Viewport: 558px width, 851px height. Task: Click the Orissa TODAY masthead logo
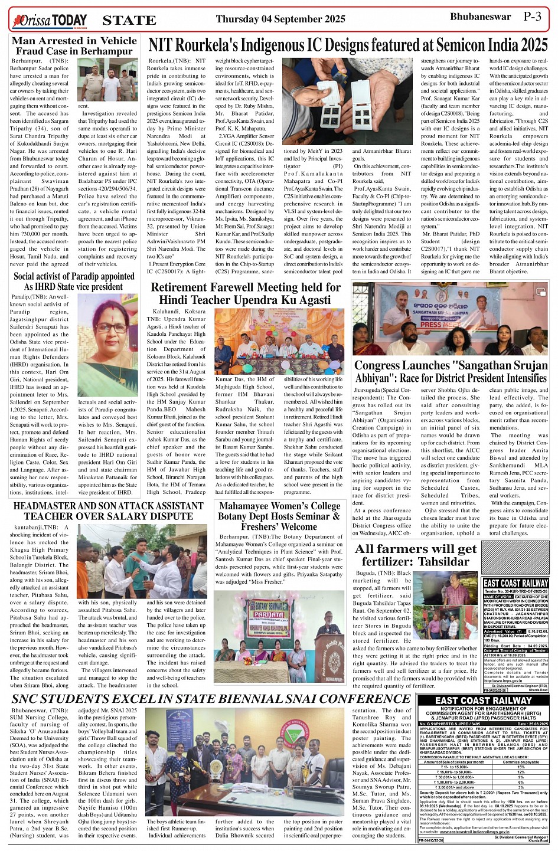tap(49, 21)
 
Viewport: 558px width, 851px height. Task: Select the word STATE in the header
tap(129, 21)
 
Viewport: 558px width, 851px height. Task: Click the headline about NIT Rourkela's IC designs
tap(348, 45)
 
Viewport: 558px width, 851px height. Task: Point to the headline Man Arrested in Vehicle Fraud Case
tap(74, 46)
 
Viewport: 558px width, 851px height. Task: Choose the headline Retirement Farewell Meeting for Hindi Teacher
tap(246, 293)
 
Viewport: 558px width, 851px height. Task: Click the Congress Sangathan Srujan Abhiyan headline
tap(451, 372)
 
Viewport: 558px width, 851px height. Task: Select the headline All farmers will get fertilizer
tap(416, 555)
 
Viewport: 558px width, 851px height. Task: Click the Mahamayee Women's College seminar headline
tap(279, 516)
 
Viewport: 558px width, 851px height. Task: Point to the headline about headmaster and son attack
tap(108, 511)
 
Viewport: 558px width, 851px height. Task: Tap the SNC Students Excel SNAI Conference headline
tap(211, 699)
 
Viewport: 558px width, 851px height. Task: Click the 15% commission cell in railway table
tap(520, 767)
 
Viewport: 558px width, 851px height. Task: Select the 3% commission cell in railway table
tap(520, 787)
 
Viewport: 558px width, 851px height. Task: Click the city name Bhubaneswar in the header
tap(480, 17)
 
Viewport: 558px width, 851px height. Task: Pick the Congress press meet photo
tap(451, 319)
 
